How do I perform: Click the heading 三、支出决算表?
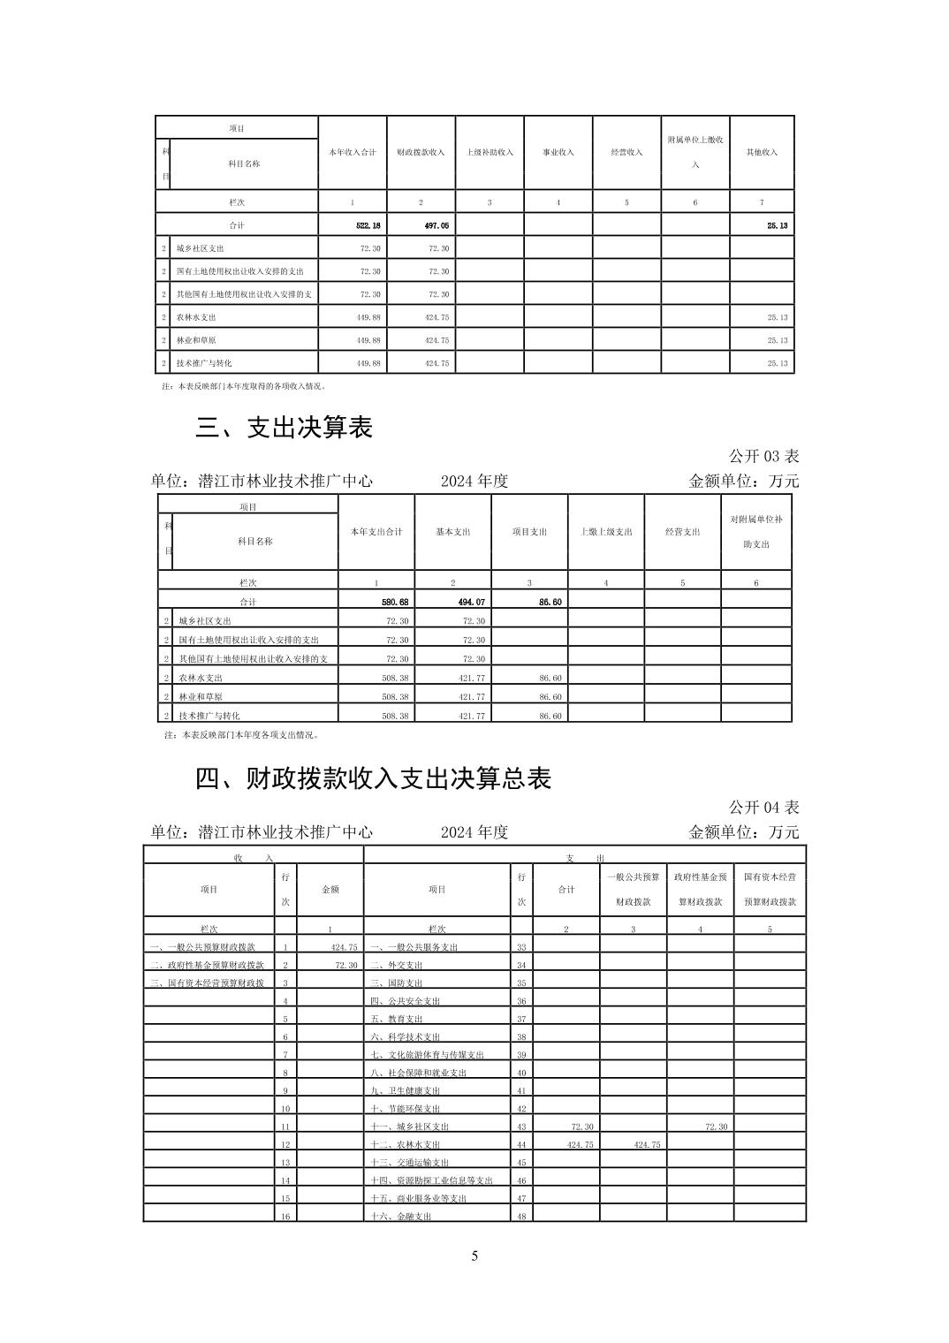click(285, 428)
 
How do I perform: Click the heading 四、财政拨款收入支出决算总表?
click(373, 778)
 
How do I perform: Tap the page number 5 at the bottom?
click(474, 1256)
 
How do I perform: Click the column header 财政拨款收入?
click(421, 152)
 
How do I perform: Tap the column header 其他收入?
click(762, 152)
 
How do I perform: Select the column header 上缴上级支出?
click(605, 532)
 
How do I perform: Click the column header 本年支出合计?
click(376, 532)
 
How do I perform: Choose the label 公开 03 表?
click(763, 456)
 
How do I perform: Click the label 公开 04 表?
click(763, 807)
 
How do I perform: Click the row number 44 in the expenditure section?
click(521, 1145)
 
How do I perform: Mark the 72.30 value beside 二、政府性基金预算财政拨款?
click(346, 965)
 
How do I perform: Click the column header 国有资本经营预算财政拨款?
click(770, 890)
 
